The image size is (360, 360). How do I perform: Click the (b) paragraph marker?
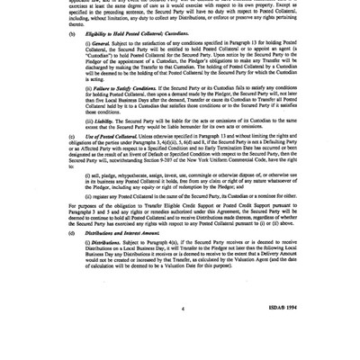coord(71,33)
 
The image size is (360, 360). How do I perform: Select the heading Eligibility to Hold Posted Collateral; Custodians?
coord(136,33)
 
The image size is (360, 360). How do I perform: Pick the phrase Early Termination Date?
coord(220,146)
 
